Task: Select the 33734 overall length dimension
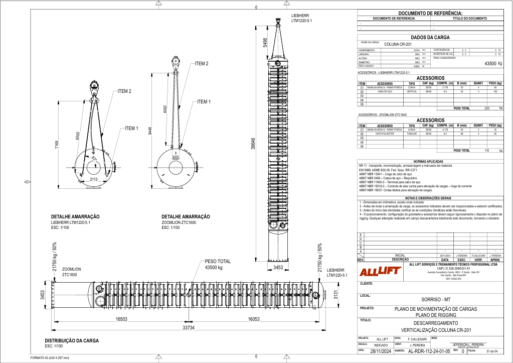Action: click(188, 327)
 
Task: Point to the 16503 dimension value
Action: click(123, 319)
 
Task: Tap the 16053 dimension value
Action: click(256, 319)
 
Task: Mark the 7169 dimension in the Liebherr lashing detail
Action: click(57, 145)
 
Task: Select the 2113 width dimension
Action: click(94, 179)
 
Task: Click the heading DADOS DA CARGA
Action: click(430, 37)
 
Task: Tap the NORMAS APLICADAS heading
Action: click(430, 161)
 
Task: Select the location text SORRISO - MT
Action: click(430, 299)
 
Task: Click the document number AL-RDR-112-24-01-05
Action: click(425, 351)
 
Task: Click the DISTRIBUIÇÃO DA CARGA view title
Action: click(72, 340)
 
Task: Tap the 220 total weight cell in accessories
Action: click(487, 108)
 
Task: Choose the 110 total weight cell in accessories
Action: click(487, 150)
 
